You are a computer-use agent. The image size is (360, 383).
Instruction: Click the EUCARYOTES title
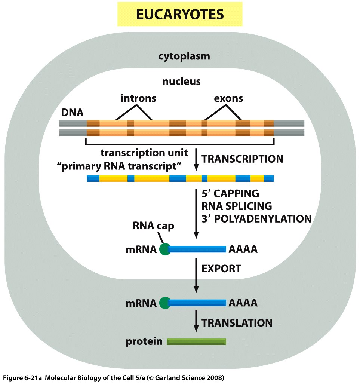click(180, 14)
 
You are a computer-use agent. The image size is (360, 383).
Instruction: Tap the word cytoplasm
click(184, 56)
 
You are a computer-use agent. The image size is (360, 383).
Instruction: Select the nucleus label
click(182, 81)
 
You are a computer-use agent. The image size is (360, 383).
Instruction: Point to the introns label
click(138, 98)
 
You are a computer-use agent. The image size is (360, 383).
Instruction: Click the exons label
click(228, 99)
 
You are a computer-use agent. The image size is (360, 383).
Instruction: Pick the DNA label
click(72, 113)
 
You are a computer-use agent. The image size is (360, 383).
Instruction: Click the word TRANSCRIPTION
click(242, 159)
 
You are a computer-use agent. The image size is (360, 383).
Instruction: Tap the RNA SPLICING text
click(237, 206)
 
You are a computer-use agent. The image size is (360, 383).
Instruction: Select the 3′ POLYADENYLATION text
click(256, 219)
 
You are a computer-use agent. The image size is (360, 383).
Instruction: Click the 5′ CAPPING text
click(230, 193)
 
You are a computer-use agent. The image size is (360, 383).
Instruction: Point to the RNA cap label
click(154, 226)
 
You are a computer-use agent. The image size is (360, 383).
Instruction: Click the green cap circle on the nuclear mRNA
click(165, 249)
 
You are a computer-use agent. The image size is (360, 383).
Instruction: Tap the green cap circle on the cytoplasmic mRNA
click(165, 303)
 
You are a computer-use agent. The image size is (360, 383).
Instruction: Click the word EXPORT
click(221, 269)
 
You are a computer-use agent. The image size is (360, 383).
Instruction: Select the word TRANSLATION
click(237, 323)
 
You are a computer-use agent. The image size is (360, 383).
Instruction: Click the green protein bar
click(197, 341)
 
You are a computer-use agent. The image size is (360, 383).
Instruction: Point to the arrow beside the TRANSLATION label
click(196, 321)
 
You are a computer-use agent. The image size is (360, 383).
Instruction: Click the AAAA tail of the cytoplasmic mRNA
click(243, 303)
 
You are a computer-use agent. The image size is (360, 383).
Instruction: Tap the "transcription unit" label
click(144, 153)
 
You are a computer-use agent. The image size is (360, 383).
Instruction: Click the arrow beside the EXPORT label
click(196, 276)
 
